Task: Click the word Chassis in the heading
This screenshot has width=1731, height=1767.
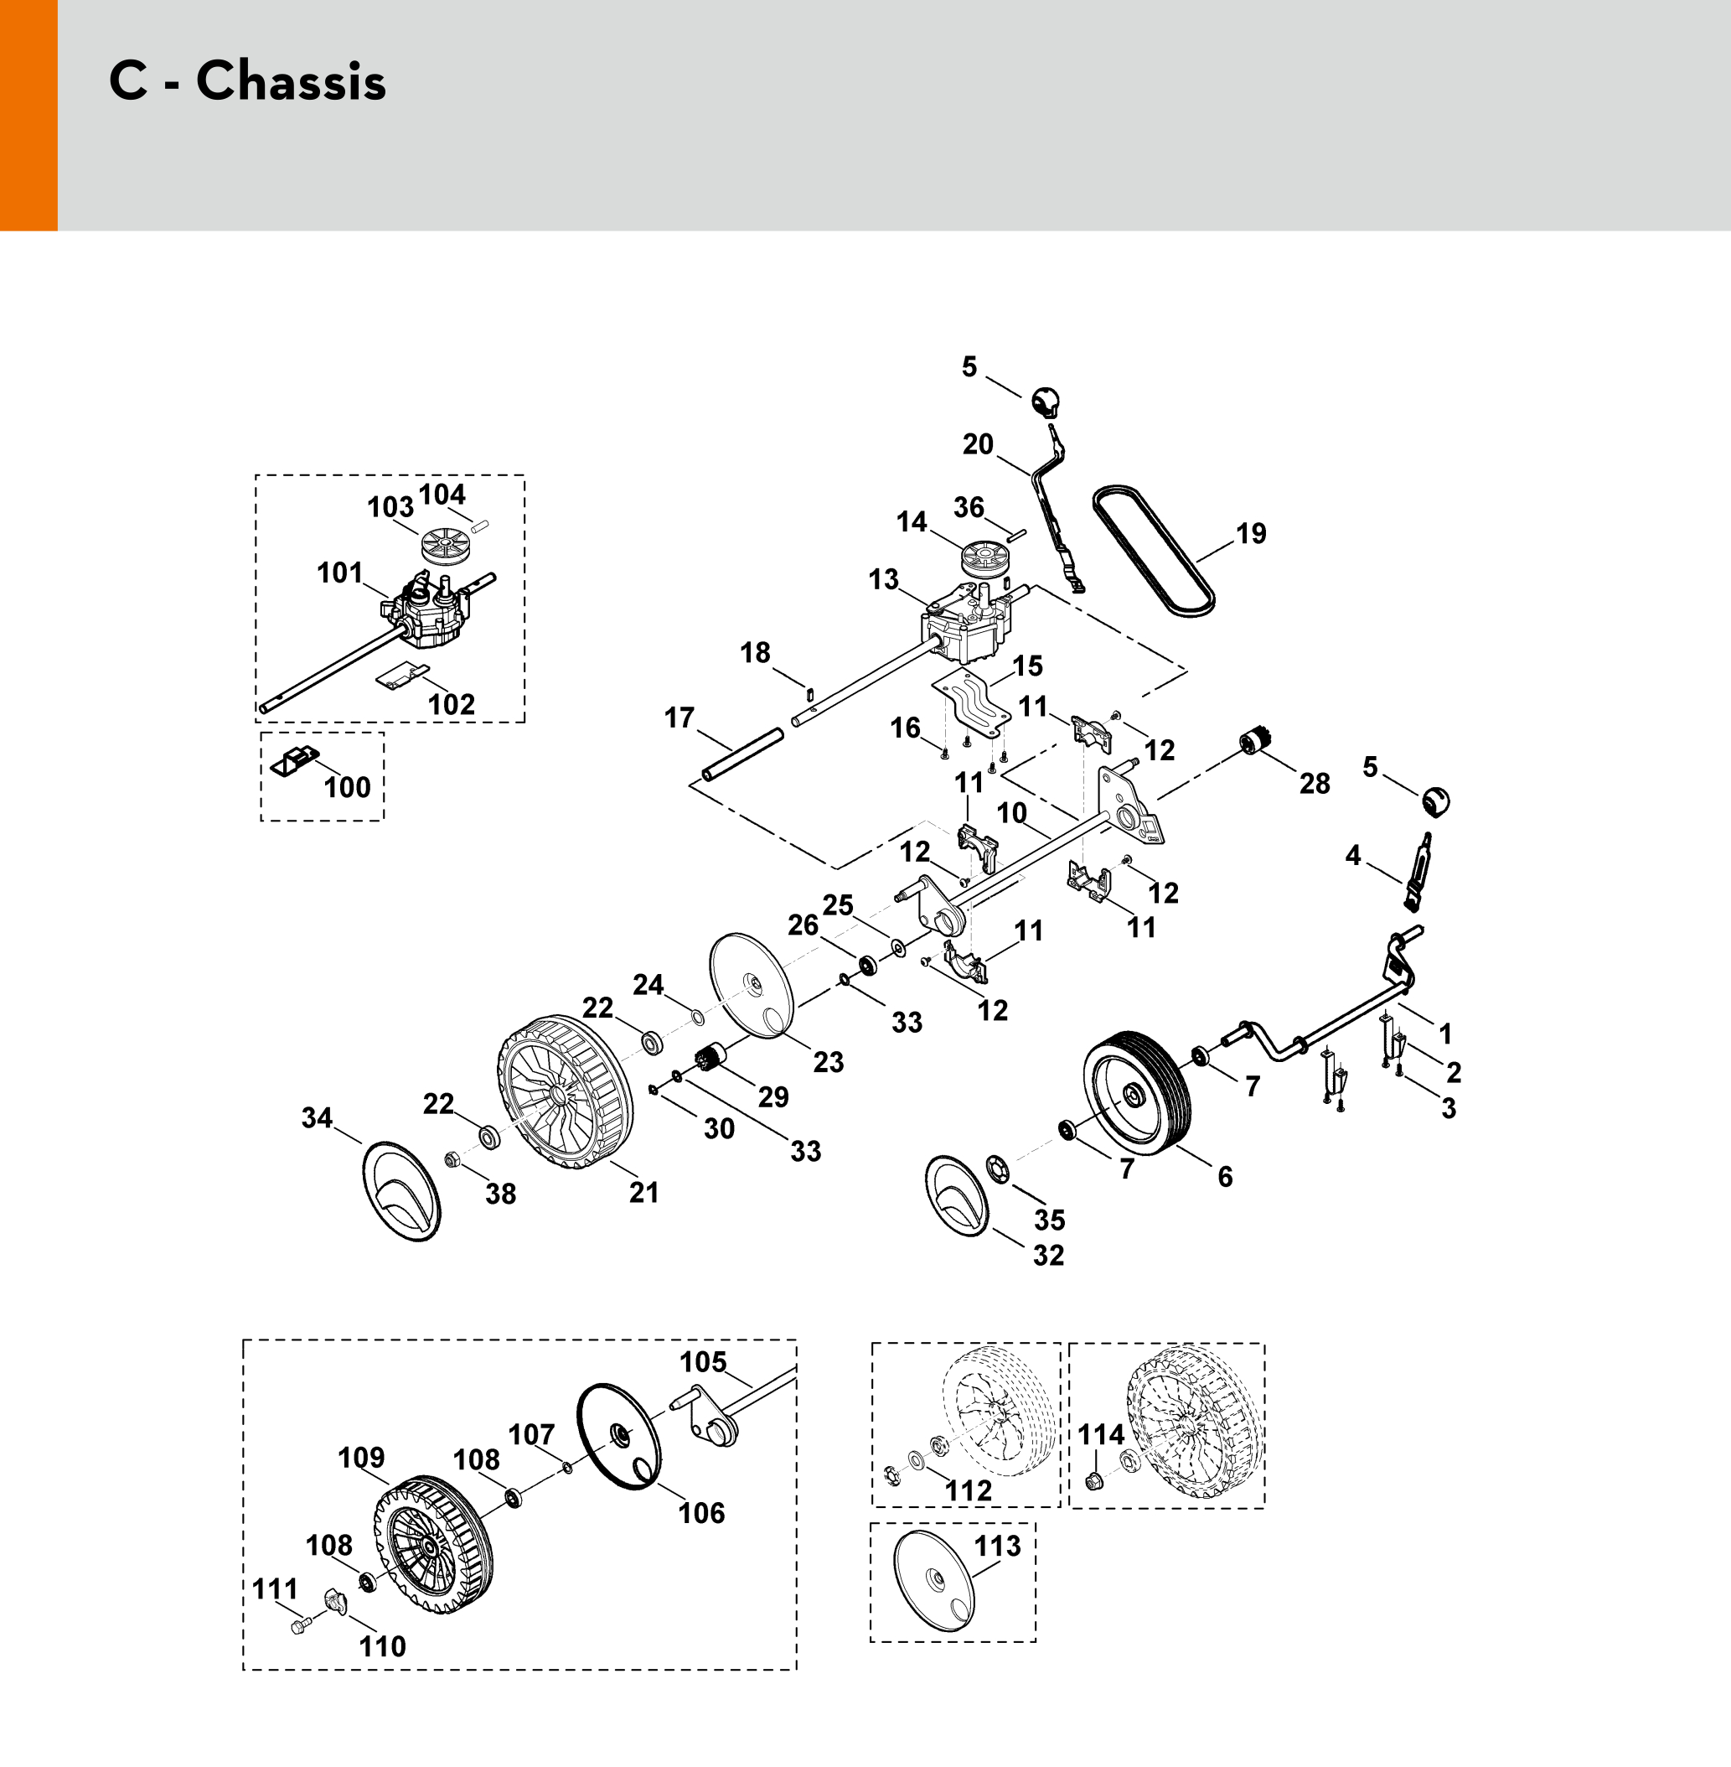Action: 291,82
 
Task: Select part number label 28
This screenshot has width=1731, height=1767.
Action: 1315,783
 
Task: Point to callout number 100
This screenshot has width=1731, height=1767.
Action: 348,788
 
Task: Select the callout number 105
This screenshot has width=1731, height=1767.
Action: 704,1361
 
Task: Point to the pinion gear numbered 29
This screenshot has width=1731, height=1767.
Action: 708,1060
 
